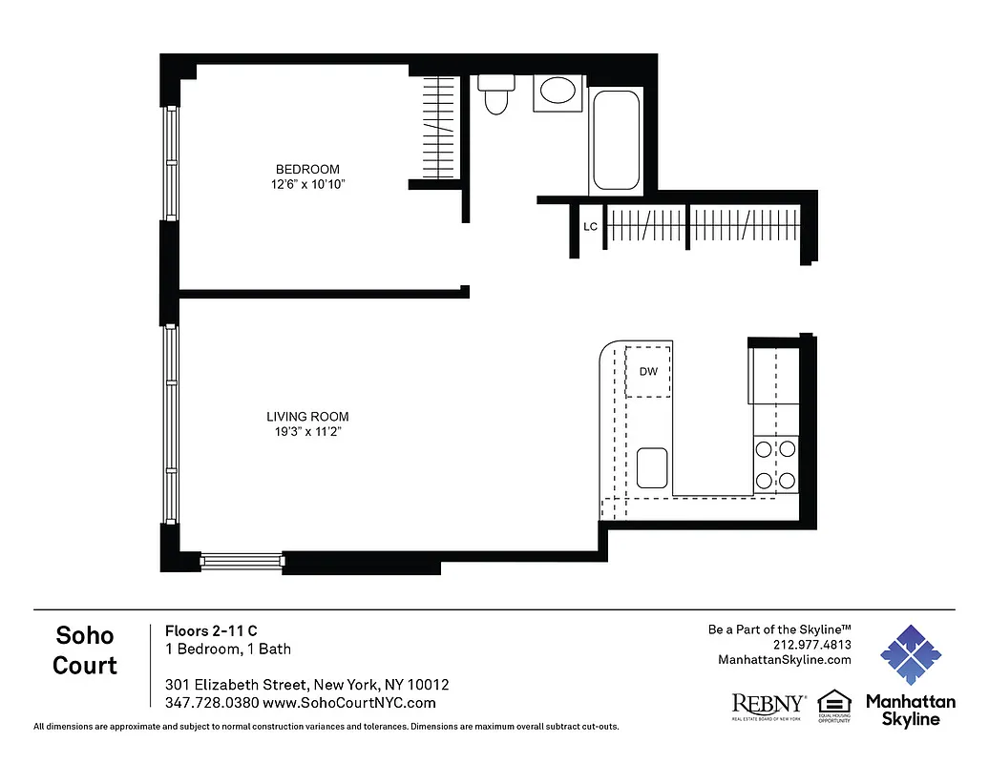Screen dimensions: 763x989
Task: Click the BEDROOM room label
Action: click(306, 170)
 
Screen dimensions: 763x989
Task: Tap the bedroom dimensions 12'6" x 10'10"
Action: click(306, 185)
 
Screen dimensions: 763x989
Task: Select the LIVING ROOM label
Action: click(307, 417)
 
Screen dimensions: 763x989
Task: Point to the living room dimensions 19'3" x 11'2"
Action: click(307, 432)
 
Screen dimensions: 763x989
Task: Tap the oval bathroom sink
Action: click(558, 93)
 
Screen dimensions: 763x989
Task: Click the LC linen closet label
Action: click(590, 227)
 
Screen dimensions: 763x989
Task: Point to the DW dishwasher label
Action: click(647, 372)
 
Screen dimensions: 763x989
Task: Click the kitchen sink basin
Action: click(653, 467)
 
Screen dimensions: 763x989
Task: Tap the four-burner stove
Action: click(775, 464)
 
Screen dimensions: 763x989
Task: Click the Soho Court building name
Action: click(85, 650)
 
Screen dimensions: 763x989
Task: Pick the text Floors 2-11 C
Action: click(211, 630)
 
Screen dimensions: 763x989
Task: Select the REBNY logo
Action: click(768, 704)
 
